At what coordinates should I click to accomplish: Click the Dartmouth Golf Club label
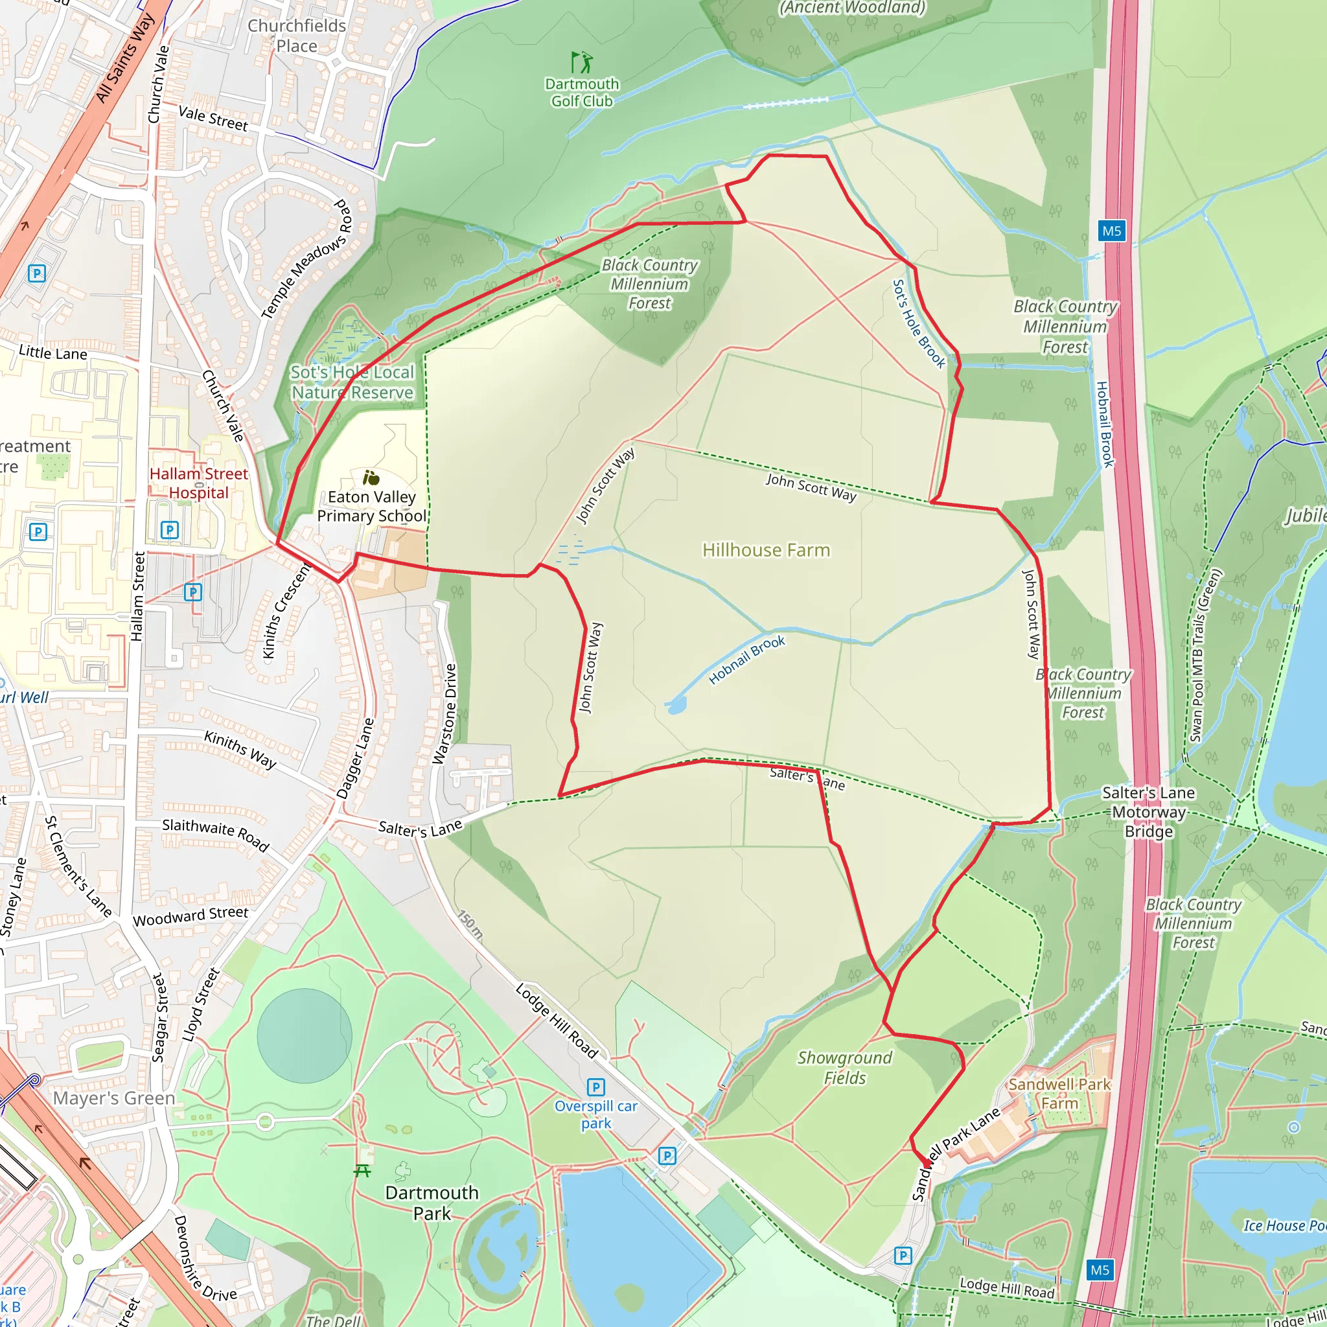click(582, 93)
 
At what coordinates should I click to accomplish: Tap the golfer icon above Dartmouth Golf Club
click(582, 62)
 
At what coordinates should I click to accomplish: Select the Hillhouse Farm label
click(766, 550)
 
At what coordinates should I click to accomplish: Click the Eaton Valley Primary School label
click(371, 506)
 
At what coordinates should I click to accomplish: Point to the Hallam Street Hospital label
click(198, 483)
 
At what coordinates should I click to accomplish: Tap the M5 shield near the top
click(1111, 231)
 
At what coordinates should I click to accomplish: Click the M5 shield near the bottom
click(1100, 1270)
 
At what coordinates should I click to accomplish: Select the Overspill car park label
click(595, 1114)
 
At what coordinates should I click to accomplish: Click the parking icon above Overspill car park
click(595, 1087)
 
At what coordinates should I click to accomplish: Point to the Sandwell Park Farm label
click(1059, 1094)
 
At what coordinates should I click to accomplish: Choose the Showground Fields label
click(844, 1067)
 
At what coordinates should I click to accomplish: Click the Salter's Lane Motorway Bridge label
click(1148, 812)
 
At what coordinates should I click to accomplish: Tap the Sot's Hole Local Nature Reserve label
click(352, 382)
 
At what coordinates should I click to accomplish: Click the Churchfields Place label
click(297, 36)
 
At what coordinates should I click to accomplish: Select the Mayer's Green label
click(114, 1098)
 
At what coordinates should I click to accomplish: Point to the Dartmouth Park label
click(432, 1203)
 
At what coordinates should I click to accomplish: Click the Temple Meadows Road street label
click(306, 260)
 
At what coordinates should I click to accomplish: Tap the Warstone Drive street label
click(444, 713)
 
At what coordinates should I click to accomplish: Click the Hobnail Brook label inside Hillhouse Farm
click(746, 660)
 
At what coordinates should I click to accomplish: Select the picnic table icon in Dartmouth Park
click(363, 1170)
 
